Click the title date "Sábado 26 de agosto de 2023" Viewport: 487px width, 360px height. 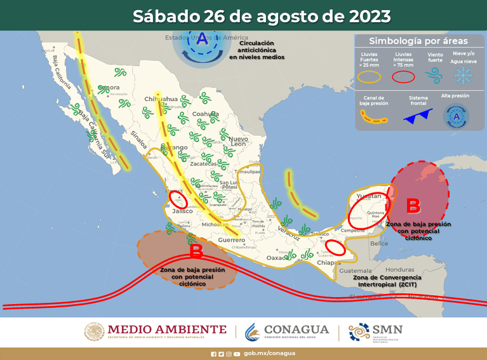click(x=261, y=15)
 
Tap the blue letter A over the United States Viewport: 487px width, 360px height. click(x=202, y=39)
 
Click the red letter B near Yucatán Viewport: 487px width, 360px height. click(x=413, y=206)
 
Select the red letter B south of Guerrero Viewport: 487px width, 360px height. click(x=196, y=251)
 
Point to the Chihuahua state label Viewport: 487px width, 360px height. click(x=161, y=99)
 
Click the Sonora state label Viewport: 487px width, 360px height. click(x=109, y=87)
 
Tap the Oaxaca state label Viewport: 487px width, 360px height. click(x=277, y=258)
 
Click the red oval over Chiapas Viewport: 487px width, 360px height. click(x=335, y=248)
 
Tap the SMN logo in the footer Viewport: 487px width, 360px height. click(x=376, y=331)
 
